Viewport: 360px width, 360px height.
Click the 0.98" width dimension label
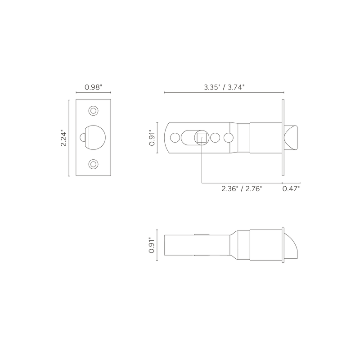[93, 87]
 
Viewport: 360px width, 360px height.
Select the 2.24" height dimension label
[63, 139]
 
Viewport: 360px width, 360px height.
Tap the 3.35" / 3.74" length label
[224, 87]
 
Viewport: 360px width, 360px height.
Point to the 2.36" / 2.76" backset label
[242, 189]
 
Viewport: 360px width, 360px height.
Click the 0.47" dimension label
[291, 189]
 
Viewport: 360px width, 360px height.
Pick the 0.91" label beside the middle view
[152, 138]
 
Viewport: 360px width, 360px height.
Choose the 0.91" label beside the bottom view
[152, 245]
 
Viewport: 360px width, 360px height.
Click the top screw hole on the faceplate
[93, 111]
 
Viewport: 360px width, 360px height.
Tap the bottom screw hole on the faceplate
[93, 164]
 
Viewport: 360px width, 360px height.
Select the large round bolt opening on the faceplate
[95, 138]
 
